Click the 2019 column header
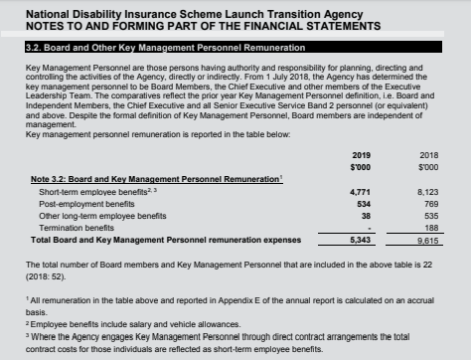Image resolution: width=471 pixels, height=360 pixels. point(361,155)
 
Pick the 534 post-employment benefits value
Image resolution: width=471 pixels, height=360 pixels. point(364,202)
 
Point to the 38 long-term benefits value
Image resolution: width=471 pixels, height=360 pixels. point(366,214)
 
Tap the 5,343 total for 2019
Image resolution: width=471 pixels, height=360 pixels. point(361,240)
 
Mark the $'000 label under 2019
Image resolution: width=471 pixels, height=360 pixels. point(361,167)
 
